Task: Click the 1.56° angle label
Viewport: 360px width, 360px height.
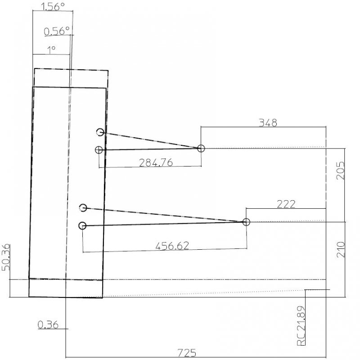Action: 53,7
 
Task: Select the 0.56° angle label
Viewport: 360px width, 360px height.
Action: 57,31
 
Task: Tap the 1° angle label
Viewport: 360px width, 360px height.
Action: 51,50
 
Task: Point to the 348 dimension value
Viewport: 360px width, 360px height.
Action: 268,123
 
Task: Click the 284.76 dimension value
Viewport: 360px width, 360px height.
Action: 156,162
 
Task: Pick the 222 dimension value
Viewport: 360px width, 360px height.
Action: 286,204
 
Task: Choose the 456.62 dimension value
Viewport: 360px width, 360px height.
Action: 172,246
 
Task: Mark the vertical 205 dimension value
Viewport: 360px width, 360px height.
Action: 341,171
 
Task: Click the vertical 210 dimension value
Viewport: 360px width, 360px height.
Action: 341,250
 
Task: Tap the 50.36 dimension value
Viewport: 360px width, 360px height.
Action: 6,257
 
